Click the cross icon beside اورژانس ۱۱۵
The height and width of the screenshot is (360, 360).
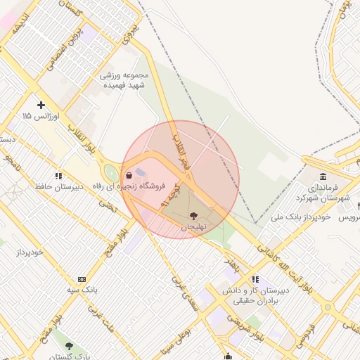pos(41,105)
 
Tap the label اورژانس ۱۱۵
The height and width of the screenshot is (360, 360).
pos(37,115)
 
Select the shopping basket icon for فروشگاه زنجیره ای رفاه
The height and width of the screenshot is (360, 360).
pos(129,175)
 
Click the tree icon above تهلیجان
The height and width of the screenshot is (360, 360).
pos(193,217)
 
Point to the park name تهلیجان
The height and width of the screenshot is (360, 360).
pos(193,227)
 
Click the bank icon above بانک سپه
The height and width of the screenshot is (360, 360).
pos(82,279)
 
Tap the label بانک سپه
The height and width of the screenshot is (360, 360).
pos(82,289)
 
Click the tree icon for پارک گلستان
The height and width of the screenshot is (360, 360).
pos(69,346)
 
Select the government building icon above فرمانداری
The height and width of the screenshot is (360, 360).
pos(323,176)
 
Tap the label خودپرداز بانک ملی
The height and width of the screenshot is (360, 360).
pos(301,218)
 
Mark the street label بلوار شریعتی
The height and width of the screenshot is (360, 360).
pos(246,331)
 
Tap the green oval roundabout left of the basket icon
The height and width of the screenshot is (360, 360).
pos(110,172)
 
